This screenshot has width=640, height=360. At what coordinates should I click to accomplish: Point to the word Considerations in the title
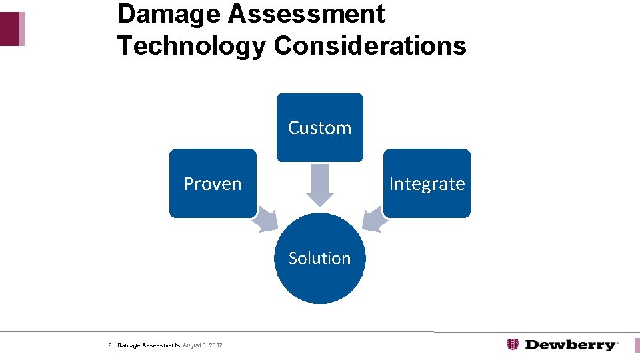tap(370, 45)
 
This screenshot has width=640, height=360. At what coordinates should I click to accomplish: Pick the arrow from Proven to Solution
tap(266, 218)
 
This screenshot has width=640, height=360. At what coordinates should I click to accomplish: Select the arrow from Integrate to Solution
tap(374, 218)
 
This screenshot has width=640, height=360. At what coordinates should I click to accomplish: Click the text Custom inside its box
tap(320, 128)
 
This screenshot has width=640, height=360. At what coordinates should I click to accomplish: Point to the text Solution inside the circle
tap(320, 258)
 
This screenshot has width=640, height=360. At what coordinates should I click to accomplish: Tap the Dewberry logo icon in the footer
tap(513, 345)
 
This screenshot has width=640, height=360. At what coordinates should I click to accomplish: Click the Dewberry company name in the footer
tap(571, 345)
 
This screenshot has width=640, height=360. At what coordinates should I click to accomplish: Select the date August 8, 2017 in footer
tap(203, 345)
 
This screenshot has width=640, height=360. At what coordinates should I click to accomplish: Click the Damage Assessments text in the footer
tap(149, 345)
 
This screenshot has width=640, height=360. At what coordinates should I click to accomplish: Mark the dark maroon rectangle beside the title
tap(9, 29)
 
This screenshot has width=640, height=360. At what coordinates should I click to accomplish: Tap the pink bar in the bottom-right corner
tap(637, 345)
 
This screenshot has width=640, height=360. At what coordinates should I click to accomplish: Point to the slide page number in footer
tap(110, 345)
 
